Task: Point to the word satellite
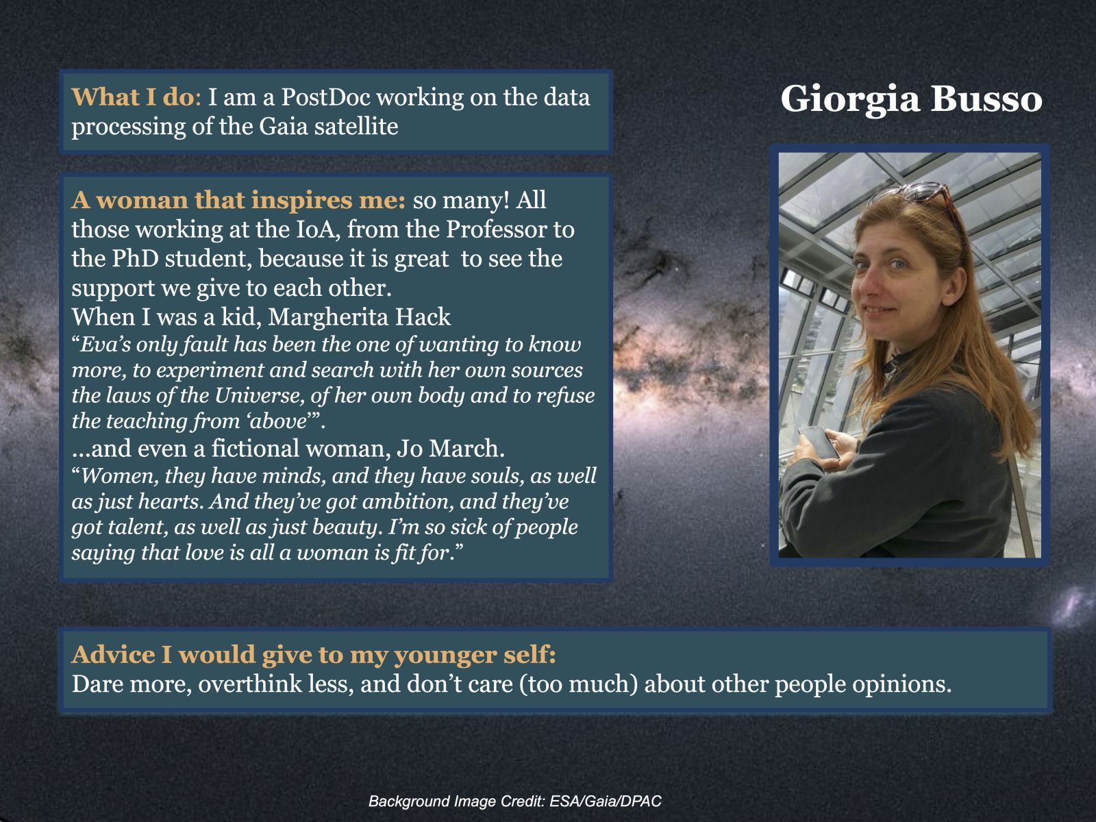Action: (x=356, y=126)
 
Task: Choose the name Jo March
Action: (x=450, y=448)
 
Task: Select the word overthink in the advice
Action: (x=250, y=684)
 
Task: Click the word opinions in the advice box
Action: (x=901, y=685)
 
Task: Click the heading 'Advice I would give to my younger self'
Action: (x=314, y=656)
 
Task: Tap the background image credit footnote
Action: (x=515, y=801)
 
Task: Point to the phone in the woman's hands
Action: (x=819, y=443)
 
